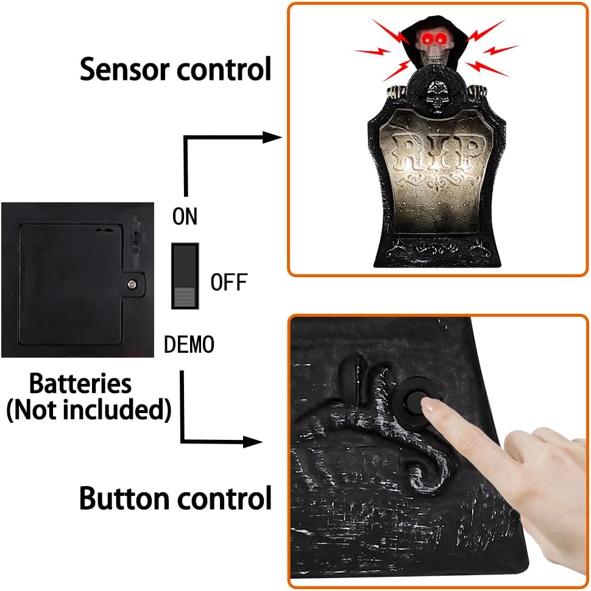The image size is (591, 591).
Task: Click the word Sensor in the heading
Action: coord(124,69)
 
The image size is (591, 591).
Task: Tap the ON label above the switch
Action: coord(185,216)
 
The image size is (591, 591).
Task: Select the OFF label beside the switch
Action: coord(229,282)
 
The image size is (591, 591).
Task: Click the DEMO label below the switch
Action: coord(189,344)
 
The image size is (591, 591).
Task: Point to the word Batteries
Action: coord(80,383)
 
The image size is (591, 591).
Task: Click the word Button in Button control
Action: coord(124,498)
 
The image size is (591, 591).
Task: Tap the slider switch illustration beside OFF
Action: coord(185,276)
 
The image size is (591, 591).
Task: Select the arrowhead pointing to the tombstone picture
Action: coord(272,138)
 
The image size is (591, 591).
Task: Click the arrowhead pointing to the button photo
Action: coord(252,442)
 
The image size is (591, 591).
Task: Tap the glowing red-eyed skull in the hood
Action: coord(434,46)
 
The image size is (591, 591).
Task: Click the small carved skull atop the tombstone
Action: coord(437,97)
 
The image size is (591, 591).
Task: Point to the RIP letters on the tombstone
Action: coord(437,153)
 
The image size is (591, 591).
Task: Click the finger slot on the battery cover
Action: coord(105,229)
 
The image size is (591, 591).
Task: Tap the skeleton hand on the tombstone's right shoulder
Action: coord(477,91)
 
